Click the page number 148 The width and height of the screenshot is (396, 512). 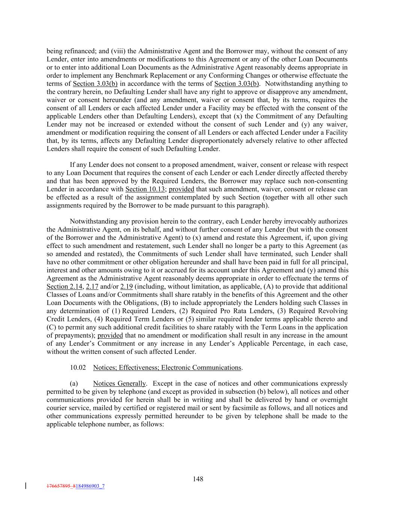point(198,479)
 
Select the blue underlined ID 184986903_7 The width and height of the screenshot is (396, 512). point(90,486)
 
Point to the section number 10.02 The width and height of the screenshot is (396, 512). point(78,368)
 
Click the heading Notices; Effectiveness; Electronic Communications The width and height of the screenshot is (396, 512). point(167,368)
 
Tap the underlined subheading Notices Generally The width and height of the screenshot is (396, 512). point(119,383)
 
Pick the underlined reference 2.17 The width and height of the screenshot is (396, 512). point(92,287)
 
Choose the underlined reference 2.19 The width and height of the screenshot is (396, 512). point(126,287)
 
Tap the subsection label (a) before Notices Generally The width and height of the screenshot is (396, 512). point(74,383)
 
